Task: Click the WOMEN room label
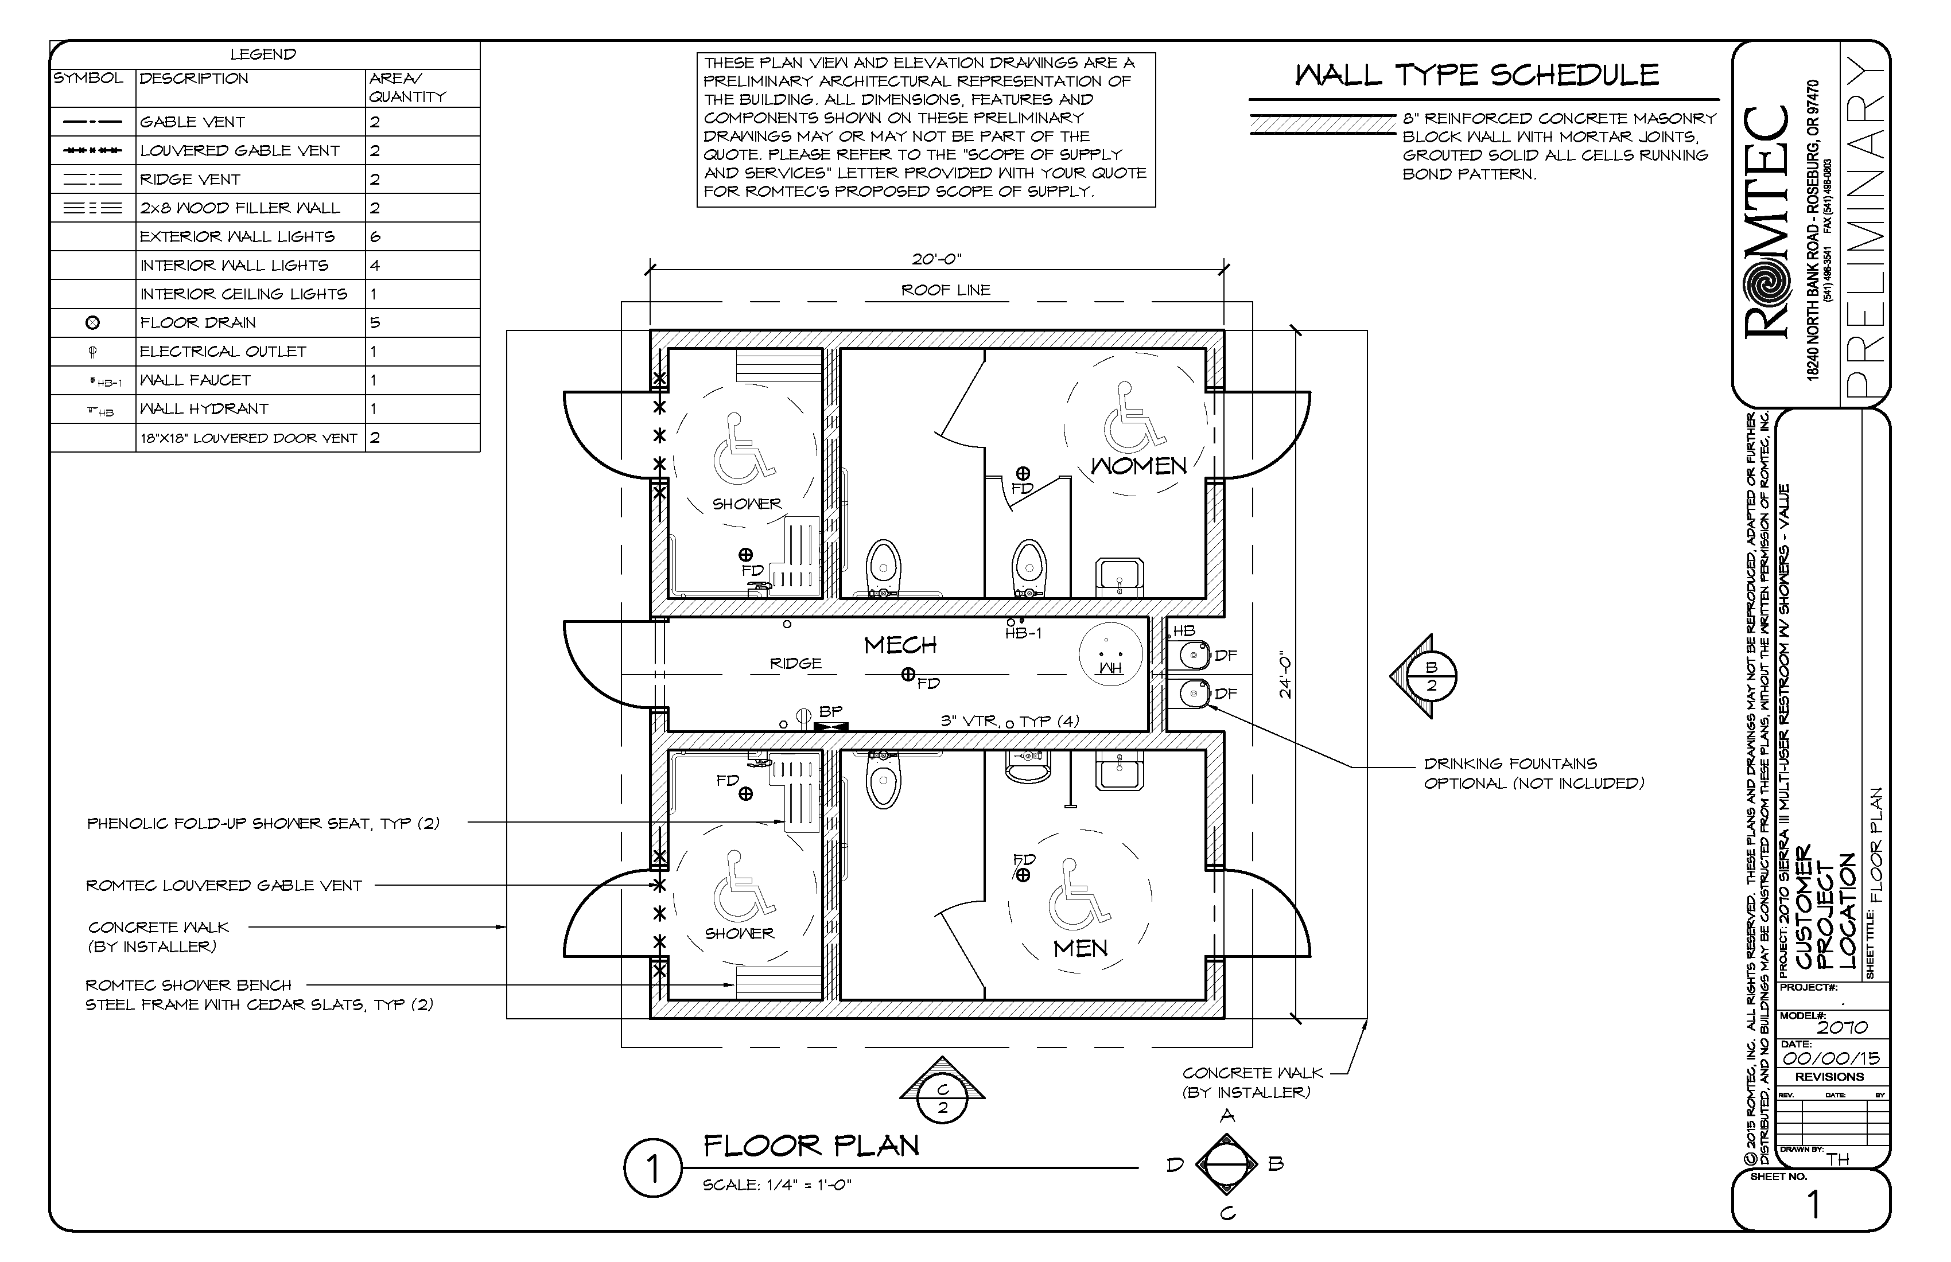[x=1138, y=466]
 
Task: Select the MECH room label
[x=900, y=646]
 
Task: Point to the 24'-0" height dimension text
[x=1285, y=675]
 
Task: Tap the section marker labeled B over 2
[x=1431, y=677]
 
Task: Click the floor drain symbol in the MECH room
[x=907, y=675]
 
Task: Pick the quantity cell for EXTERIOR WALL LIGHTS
[x=375, y=237]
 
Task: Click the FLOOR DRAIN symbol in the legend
[x=92, y=323]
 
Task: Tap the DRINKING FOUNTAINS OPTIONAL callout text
[x=1532, y=774]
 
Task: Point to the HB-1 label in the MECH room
[x=1023, y=633]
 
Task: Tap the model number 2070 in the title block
[x=1842, y=1027]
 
